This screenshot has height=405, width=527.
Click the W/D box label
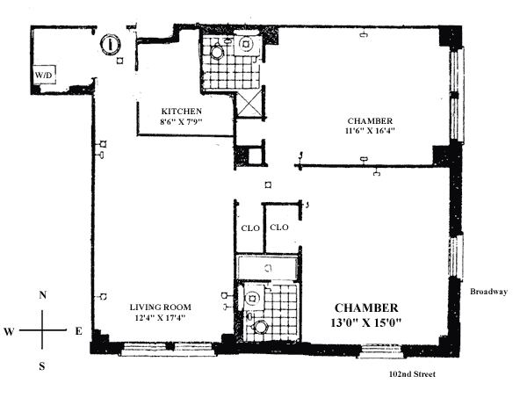click(44, 75)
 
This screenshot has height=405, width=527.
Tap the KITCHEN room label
click(182, 111)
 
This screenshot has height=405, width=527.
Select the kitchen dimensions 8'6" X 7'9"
click(182, 121)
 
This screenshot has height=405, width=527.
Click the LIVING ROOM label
click(161, 307)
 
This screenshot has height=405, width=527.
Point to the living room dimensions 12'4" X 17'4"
click(161, 318)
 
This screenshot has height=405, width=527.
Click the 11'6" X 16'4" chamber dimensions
click(370, 130)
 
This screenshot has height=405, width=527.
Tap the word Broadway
click(488, 292)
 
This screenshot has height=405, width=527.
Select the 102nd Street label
click(412, 374)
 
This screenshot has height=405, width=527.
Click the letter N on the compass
click(42, 295)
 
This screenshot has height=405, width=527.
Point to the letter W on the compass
click(9, 332)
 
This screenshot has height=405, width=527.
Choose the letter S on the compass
click(42, 366)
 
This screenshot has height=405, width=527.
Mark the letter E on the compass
click(78, 331)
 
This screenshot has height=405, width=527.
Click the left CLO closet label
click(250, 228)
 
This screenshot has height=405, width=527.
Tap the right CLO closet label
click(279, 228)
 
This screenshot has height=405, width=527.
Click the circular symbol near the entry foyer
click(111, 44)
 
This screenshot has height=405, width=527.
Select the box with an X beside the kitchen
click(249, 105)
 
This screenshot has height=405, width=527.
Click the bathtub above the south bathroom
click(267, 268)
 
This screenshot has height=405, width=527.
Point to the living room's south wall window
click(167, 349)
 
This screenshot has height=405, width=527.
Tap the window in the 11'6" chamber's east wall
click(457, 95)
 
